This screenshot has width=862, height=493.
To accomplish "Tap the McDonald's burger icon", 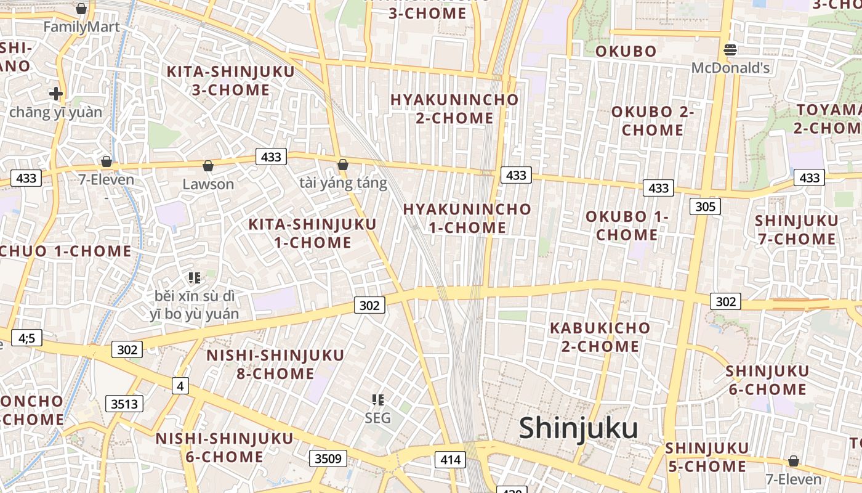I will coord(730,49).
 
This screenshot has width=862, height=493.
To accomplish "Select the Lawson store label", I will coord(208,184).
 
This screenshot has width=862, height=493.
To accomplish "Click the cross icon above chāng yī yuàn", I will coord(56,94).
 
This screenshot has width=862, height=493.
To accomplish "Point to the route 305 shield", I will coord(704,206).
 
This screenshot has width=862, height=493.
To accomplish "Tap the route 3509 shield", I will coord(328,458).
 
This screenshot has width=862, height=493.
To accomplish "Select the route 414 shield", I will coord(450,459).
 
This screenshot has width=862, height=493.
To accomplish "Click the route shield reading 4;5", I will coord(26,338).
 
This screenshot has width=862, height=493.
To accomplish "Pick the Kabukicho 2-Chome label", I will coord(600,337).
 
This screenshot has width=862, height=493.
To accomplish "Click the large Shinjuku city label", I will coord(578,428).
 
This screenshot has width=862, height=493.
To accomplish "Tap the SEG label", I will coord(377,418).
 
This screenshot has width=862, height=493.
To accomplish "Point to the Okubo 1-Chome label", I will coord(627,226).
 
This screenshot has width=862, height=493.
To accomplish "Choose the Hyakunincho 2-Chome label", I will coord(454,108).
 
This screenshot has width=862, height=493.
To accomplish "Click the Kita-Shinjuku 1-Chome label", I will coord(312,233).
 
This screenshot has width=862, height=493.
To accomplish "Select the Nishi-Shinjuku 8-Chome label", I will coord(275,364).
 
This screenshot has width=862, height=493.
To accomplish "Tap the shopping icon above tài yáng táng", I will coord(343,165).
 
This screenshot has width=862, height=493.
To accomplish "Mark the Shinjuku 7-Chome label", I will coord(796,230).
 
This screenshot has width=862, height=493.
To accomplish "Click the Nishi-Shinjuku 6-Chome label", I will coord(224,447).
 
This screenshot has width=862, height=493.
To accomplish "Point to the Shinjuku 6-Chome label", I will coord(767,380).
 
